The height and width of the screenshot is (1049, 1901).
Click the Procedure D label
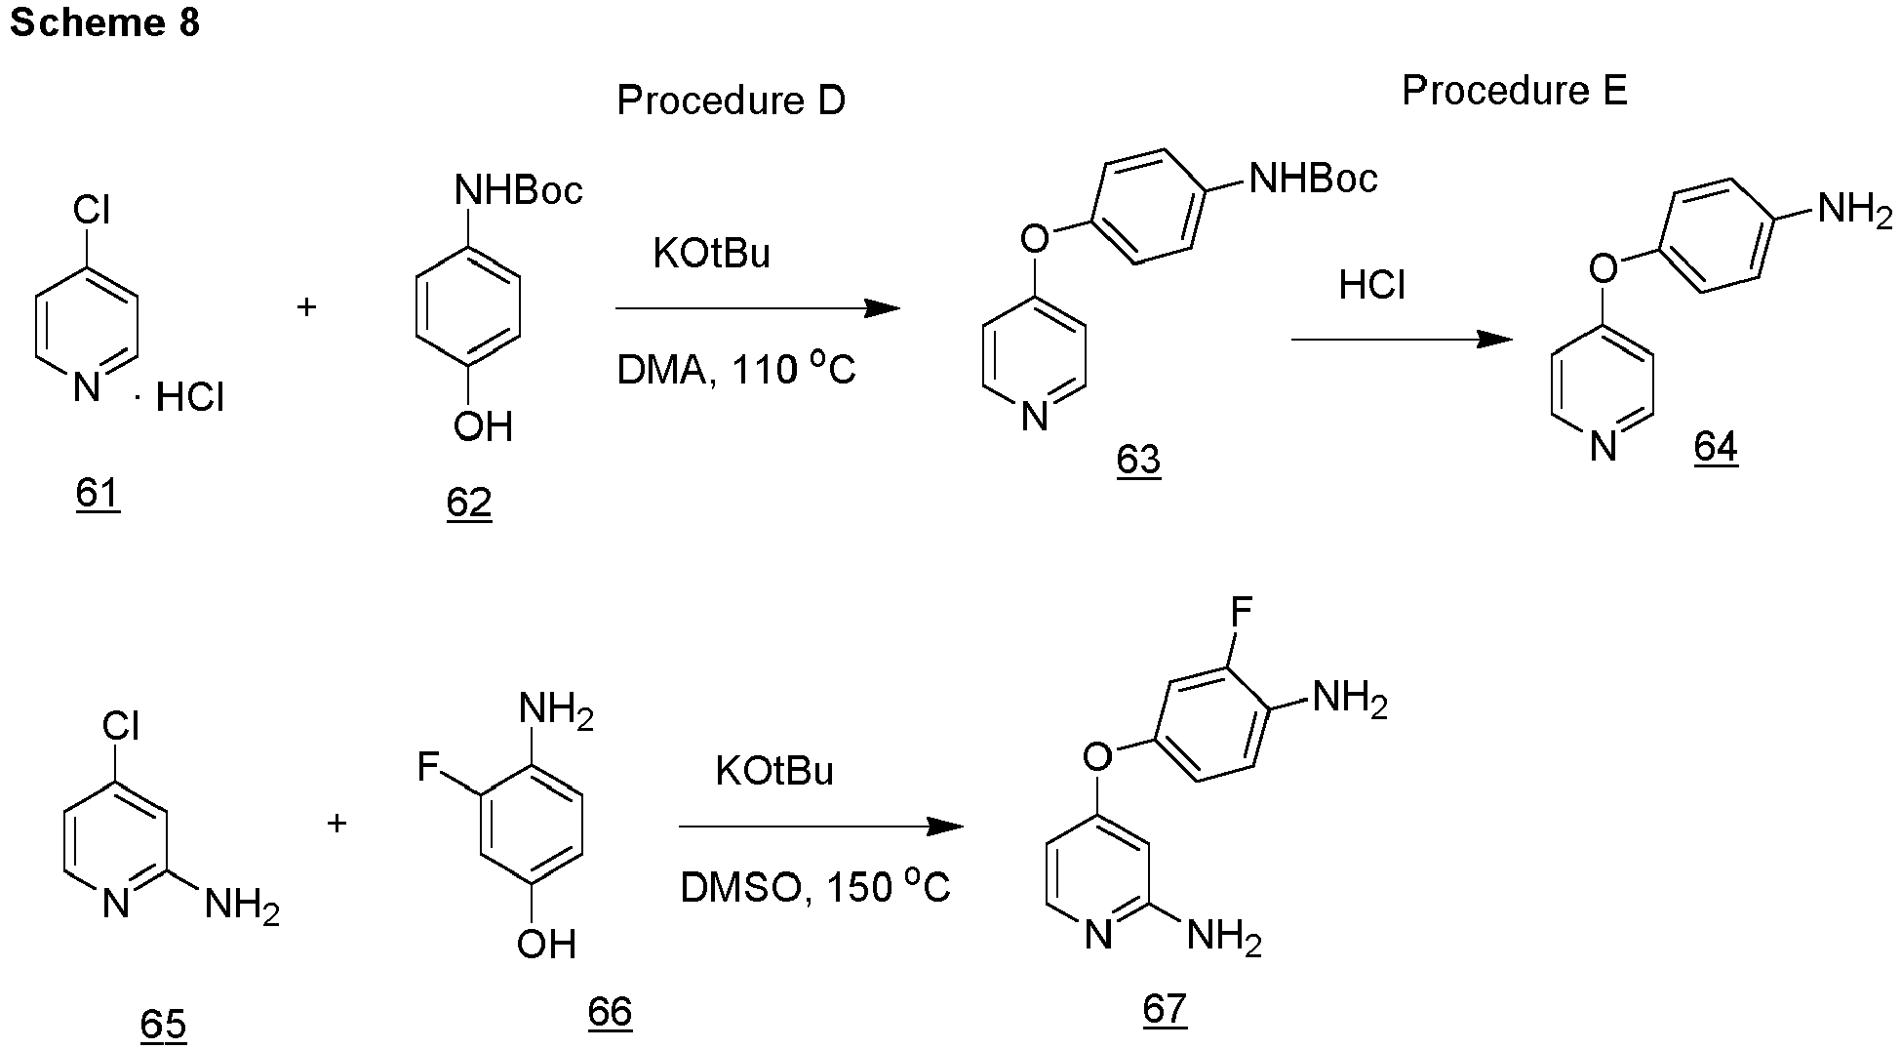[x=731, y=101]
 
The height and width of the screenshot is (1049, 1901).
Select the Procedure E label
[x=1515, y=91]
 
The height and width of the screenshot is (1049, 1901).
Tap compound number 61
[x=98, y=494]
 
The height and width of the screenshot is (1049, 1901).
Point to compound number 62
[x=469, y=504]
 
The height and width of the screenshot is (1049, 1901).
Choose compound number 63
[x=1138, y=459]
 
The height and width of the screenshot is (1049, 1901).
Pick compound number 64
[x=1716, y=448]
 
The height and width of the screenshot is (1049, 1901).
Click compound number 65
[x=163, y=1024]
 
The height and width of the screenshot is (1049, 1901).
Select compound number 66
[x=610, y=1012]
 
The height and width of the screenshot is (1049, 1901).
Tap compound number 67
[x=1165, y=1008]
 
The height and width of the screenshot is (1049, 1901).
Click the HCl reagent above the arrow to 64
[x=1372, y=286]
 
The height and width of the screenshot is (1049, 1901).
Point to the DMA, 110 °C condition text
[x=736, y=371]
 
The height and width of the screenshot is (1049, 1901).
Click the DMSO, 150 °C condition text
[x=815, y=888]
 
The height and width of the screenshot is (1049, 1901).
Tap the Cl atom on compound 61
[x=92, y=211]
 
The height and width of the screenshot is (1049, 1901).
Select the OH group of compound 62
[x=483, y=427]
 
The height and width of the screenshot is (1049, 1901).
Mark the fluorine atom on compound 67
[x=1241, y=613]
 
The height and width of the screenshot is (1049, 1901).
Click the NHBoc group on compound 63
[x=1313, y=179]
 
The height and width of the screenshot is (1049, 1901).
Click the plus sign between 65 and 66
[x=337, y=824]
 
